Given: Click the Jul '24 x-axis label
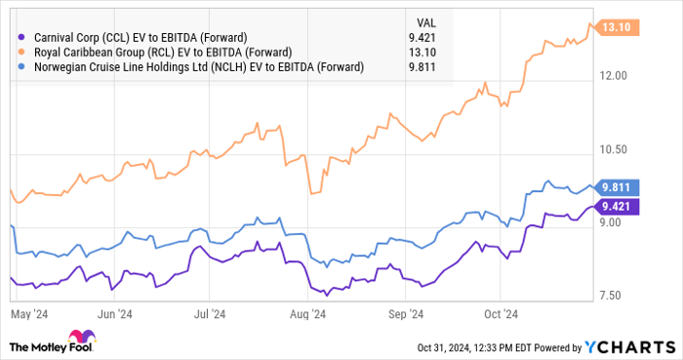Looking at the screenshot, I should coord(210,315).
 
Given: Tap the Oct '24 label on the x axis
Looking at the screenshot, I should coord(498,315).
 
